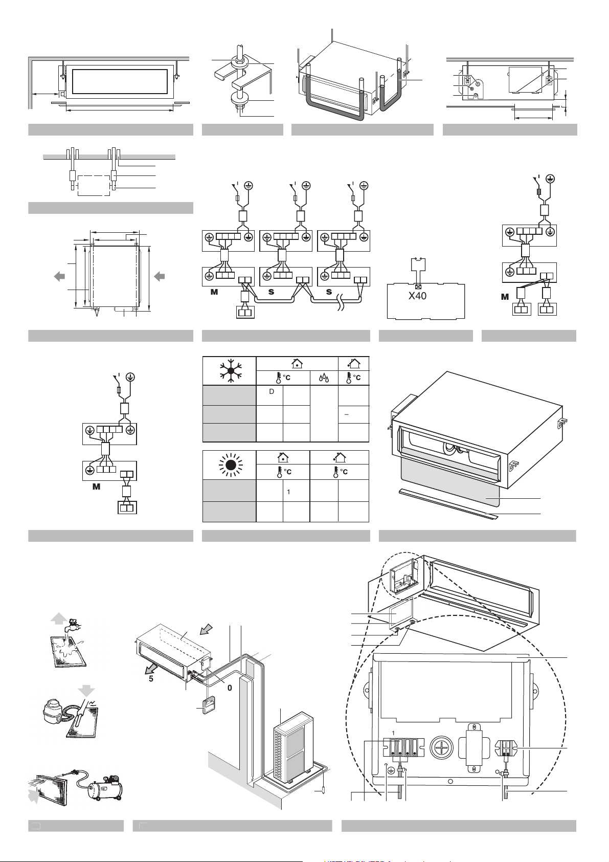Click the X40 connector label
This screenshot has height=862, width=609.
417,296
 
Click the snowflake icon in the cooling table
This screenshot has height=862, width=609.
230,371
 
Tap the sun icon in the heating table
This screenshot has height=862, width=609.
230,465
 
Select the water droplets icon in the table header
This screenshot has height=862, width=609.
324,378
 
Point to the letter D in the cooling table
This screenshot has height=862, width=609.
272,391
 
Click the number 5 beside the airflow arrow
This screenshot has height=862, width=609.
151,679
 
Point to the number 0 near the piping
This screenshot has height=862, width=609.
230,688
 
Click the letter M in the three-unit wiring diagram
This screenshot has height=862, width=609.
215,292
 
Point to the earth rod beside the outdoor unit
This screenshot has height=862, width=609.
323,790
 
